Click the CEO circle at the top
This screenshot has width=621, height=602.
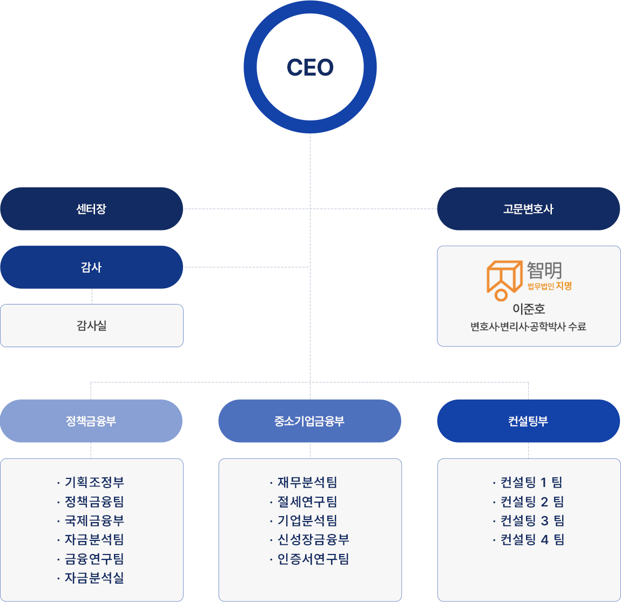[x=310, y=67]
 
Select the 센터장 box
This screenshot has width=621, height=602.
[x=91, y=209]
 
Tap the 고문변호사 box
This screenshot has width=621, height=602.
[x=528, y=209]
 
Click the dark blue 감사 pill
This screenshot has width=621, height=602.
[x=91, y=267]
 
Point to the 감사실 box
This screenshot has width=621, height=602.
[x=91, y=326]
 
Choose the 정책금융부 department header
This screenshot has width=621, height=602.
[x=91, y=421]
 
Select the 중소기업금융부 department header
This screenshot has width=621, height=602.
[x=309, y=421]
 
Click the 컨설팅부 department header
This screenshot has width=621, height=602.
[x=528, y=421]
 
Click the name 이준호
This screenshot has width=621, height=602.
[x=529, y=309]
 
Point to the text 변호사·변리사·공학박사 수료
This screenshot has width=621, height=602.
[x=528, y=327]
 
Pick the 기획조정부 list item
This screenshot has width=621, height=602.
[x=94, y=482]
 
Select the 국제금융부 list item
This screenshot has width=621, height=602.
[x=94, y=520]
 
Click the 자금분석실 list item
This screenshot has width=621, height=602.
[x=94, y=578]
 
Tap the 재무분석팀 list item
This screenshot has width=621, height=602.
[x=307, y=482]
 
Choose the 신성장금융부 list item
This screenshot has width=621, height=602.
[x=313, y=539]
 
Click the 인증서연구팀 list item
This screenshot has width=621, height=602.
[x=313, y=559]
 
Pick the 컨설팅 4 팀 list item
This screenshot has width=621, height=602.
[x=532, y=539]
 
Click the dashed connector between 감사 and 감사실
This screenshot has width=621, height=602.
[x=92, y=296]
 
